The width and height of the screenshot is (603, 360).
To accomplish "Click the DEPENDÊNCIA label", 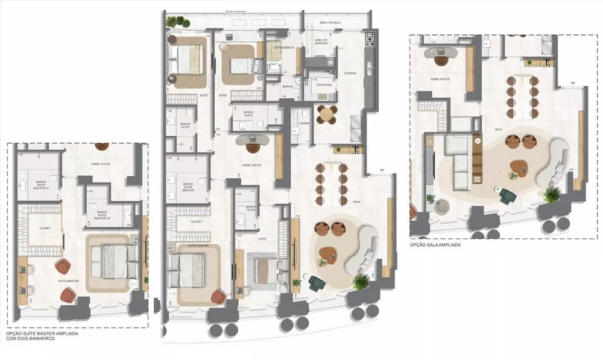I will click(x=283, y=47).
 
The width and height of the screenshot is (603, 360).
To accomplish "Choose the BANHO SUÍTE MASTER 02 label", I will click(x=103, y=215).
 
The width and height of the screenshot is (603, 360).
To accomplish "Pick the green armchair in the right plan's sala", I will click(x=507, y=196).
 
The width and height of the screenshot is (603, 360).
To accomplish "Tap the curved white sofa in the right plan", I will click(x=556, y=162).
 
